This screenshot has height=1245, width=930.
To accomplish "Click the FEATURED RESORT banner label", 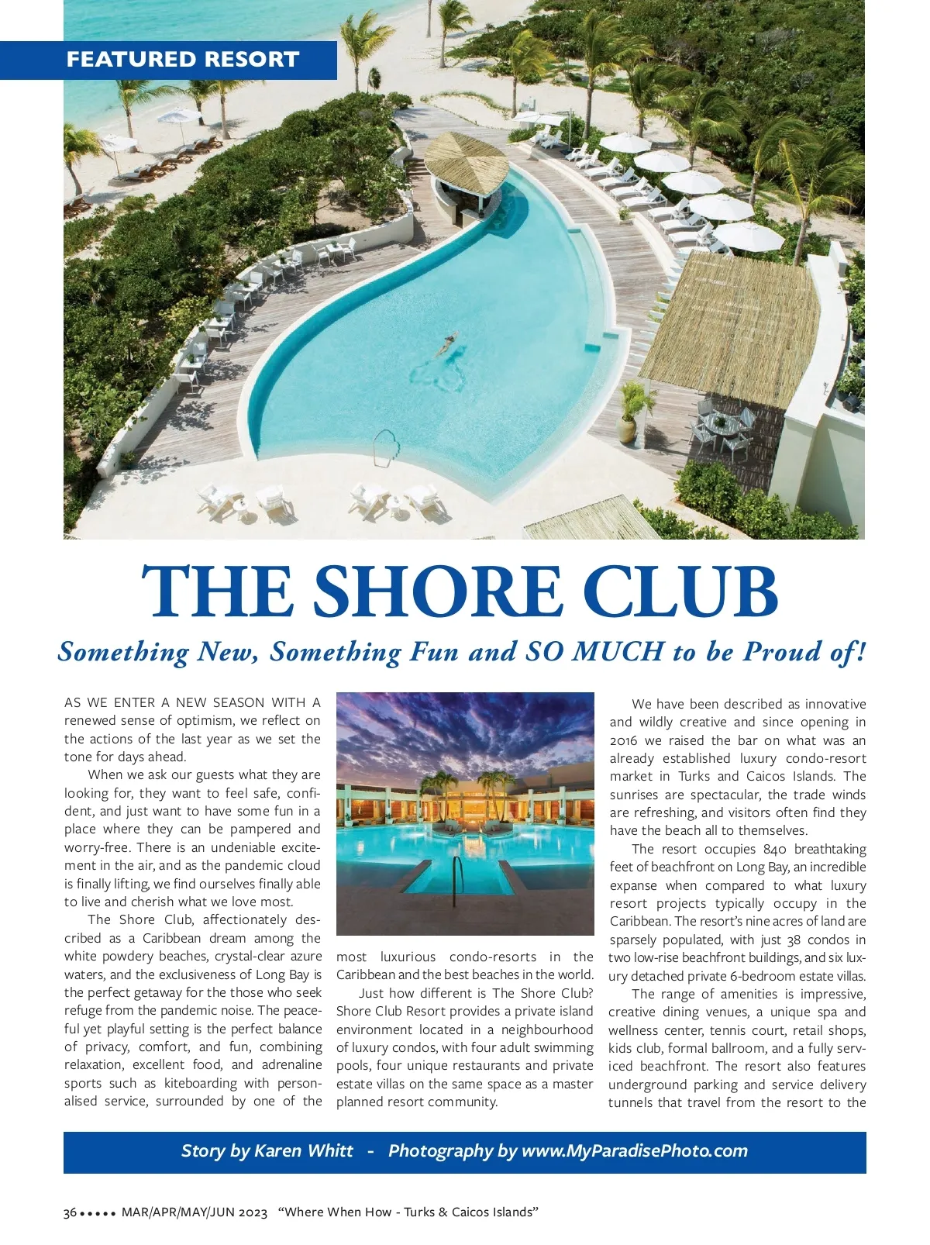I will click(182, 60).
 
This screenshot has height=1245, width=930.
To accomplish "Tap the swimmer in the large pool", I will click(448, 343).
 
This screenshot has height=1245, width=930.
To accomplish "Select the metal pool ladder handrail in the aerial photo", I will click(386, 447).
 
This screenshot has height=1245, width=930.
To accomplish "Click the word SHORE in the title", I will click(437, 591).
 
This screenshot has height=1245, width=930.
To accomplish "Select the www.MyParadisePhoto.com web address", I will click(635, 1150).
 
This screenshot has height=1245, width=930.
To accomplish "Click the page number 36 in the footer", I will click(70, 1212).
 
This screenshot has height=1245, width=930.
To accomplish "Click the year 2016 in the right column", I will click(624, 740).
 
